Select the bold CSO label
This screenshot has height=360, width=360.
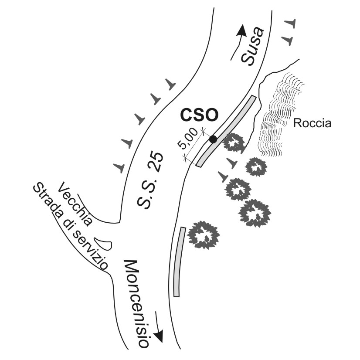tap(199, 116)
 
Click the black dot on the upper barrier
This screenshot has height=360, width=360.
tap(213, 139)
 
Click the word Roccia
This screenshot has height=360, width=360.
tap(312, 123)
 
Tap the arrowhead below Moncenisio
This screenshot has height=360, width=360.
tap(160, 336)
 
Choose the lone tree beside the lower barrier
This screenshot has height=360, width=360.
tap(203, 234)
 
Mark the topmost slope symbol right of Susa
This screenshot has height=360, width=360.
tap(291, 23)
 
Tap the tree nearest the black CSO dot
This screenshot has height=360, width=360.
tap(234, 143)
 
